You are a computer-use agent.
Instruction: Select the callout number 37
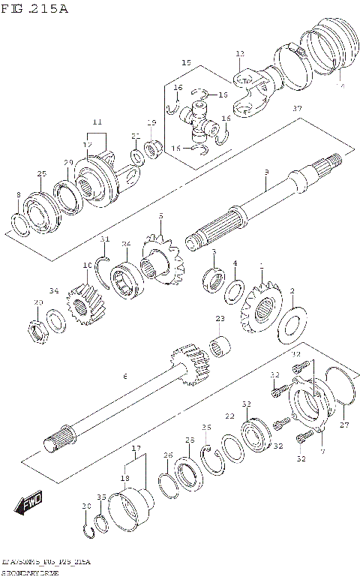pyautogui.click(x=297, y=110)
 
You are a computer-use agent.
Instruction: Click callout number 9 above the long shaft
pyautogui.click(x=265, y=173)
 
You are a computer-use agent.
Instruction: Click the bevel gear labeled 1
pyautogui.click(x=259, y=308)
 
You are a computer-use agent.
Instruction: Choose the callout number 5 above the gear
pyautogui.click(x=160, y=216)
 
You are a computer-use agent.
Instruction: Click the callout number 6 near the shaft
pyautogui.click(x=124, y=376)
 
